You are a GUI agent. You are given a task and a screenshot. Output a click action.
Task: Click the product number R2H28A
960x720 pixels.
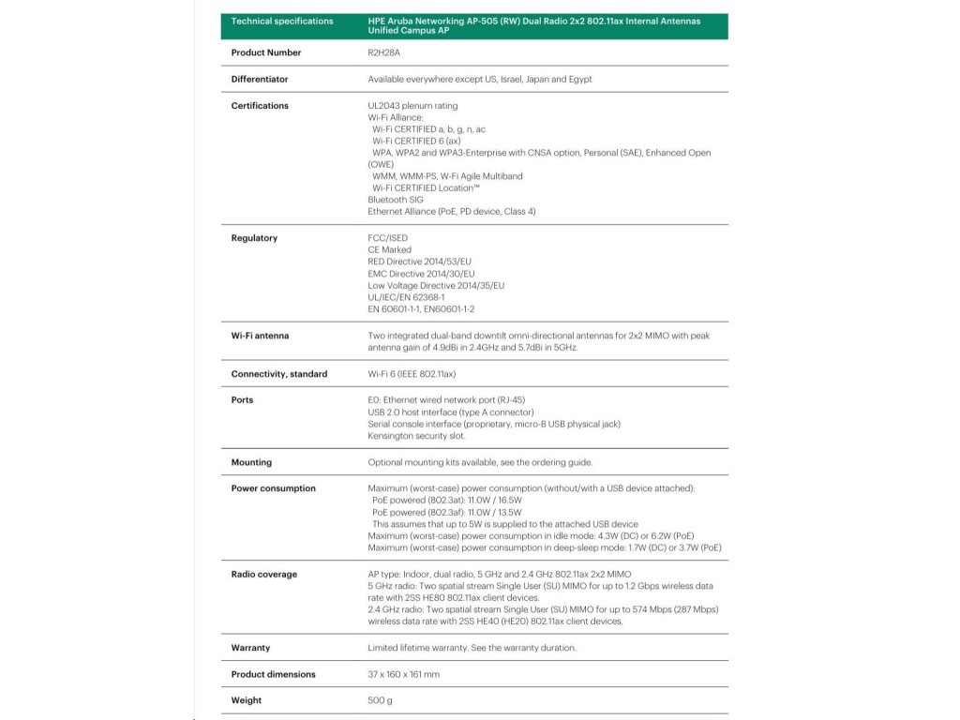point(384,52)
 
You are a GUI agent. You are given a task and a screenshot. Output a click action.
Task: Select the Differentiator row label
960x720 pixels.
point(260,79)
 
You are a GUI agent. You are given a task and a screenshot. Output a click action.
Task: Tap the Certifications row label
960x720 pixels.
point(260,106)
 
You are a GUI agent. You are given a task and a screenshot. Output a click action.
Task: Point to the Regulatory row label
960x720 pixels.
point(254,238)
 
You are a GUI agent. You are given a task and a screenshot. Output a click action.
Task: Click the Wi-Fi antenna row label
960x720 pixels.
point(260,336)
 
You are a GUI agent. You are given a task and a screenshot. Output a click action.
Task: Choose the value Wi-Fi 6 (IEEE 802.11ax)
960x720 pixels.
point(412,374)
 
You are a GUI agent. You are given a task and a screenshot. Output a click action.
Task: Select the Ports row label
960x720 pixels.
point(242,400)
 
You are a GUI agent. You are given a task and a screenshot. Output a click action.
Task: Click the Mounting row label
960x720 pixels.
point(251,462)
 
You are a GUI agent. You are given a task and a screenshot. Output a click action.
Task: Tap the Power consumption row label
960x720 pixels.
point(273,488)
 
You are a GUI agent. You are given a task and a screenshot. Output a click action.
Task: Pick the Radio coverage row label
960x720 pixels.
point(263,575)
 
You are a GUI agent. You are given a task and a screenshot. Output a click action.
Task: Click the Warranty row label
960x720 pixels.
point(250,648)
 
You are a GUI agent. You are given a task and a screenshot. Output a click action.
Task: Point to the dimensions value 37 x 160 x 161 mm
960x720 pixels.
point(403,674)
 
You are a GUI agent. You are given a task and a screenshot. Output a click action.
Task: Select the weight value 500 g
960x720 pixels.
point(380,700)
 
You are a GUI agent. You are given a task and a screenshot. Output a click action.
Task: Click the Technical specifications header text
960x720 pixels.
point(281,21)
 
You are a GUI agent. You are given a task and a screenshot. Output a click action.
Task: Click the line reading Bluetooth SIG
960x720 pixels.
point(396,200)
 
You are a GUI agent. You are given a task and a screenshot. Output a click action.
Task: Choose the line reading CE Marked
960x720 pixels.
point(390,250)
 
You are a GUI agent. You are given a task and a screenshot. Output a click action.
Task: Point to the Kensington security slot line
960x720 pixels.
point(416,436)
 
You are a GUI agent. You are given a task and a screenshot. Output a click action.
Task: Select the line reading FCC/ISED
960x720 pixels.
point(388,238)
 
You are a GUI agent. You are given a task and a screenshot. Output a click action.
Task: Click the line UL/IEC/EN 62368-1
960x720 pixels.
point(406,297)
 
